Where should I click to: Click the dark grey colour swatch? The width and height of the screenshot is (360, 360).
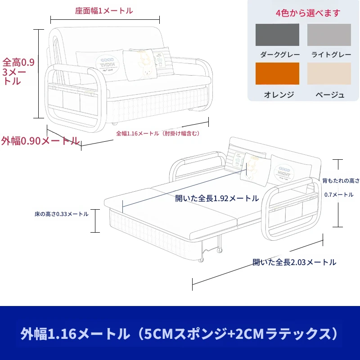coord(277,35)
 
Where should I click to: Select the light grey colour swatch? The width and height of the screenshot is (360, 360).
coord(329,35)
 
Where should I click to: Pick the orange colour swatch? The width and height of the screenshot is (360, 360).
coord(277,73)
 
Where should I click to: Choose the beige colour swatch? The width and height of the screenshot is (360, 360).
coord(329,73)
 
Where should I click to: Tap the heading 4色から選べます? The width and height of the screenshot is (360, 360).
coord(308,13)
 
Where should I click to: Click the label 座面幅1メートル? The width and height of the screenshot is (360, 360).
coord(104,11)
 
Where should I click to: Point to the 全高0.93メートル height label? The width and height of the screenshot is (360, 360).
coord(18,72)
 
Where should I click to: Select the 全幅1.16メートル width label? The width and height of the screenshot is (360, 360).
coord(158,133)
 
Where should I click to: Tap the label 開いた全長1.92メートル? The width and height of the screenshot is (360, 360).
coord(217,198)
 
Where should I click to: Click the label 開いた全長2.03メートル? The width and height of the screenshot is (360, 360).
coord(294,262)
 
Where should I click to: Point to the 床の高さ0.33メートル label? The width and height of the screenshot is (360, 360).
coord(62,214)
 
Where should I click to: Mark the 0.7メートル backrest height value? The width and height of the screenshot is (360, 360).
coord(339,195)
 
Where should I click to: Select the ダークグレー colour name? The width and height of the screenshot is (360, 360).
coord(280,54)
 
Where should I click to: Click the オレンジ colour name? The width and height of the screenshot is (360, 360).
coord(279,94)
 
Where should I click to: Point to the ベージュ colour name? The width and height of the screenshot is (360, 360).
coord(330,94)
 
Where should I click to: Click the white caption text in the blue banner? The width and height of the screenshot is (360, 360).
coord(179,333)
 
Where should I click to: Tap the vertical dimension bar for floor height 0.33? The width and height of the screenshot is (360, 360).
coord(95,221)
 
